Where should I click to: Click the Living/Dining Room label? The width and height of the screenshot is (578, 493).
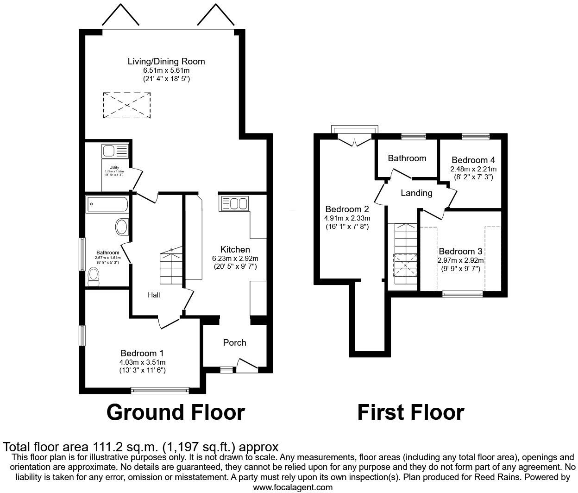(x=166, y=61)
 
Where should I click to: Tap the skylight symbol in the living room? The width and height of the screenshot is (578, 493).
(x=127, y=104)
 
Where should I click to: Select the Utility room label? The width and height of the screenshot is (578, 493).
(x=114, y=167)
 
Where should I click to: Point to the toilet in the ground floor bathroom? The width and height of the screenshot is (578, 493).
(x=93, y=278)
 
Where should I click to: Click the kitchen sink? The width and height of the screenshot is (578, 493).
(x=235, y=203)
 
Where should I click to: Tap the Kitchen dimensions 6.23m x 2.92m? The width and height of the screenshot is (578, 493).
(x=235, y=258)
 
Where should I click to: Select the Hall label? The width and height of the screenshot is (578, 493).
(x=154, y=295)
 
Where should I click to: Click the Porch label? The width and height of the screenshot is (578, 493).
(x=234, y=342)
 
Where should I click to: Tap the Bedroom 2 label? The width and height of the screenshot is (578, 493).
(x=347, y=209)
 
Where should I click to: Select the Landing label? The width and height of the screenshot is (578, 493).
(x=416, y=193)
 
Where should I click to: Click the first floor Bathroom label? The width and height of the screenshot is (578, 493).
(x=407, y=158)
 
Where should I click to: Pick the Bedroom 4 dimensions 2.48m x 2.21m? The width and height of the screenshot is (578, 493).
(x=473, y=169)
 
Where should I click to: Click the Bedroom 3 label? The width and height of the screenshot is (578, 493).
(x=460, y=251)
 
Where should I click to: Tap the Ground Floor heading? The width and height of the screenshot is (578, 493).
(x=176, y=412)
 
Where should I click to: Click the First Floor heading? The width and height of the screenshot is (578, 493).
(x=410, y=412)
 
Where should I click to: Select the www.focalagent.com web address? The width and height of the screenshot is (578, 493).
(x=293, y=487)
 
